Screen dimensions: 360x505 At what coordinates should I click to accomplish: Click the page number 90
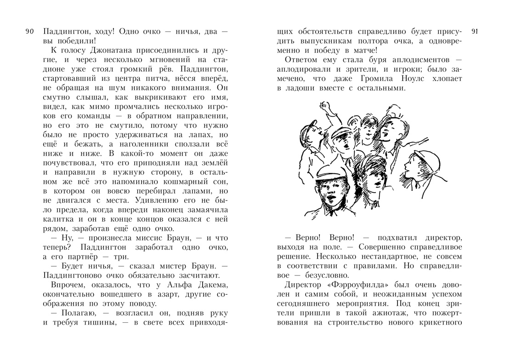(29, 32)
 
